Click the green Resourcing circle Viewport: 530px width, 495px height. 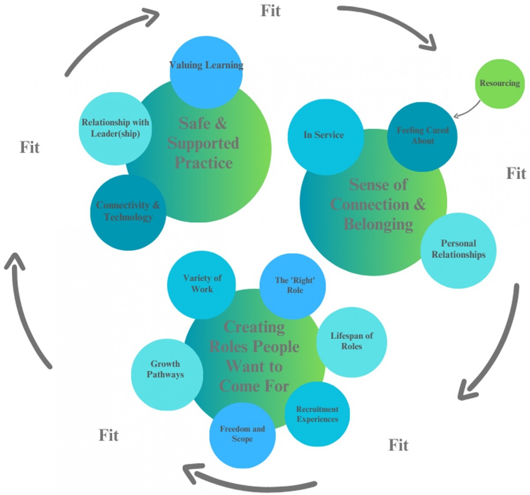click(500, 84)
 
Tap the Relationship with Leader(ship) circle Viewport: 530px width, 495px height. click(115, 128)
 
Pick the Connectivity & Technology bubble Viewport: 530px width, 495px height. click(128, 212)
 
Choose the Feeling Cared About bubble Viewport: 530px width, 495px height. click(422, 136)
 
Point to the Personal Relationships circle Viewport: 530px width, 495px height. click(458, 250)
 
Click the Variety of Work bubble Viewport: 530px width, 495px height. click(202, 284)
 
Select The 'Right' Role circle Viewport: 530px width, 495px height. click(293, 286)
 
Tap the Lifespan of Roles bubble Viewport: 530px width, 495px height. click(351, 342)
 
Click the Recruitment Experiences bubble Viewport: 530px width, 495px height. click(317, 414)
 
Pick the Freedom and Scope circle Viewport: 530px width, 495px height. click(242, 434)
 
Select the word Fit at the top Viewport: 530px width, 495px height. click(271, 11)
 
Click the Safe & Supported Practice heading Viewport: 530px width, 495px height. click(203, 143)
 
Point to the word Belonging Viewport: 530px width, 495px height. click(378, 224)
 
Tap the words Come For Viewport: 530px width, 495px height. click(254, 386)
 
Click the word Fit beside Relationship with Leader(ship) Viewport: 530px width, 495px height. click(29, 147)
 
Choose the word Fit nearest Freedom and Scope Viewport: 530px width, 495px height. click(109, 435)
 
